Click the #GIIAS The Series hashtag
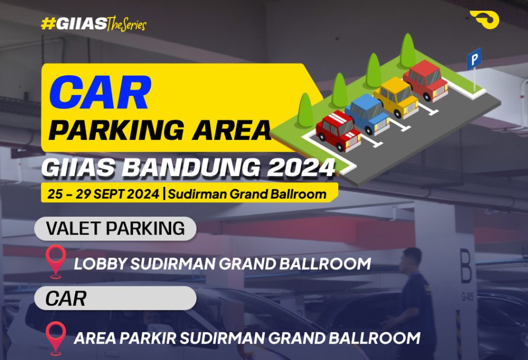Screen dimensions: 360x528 (93, 24)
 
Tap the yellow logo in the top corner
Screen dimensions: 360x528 (484, 20)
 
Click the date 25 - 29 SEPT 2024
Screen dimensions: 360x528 (103, 194)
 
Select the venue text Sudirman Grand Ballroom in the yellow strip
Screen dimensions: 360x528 (247, 194)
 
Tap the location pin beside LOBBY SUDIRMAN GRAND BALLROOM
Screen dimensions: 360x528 (56, 260)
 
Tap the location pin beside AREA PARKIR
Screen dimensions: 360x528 (56, 336)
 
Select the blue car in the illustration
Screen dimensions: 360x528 (367, 113)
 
